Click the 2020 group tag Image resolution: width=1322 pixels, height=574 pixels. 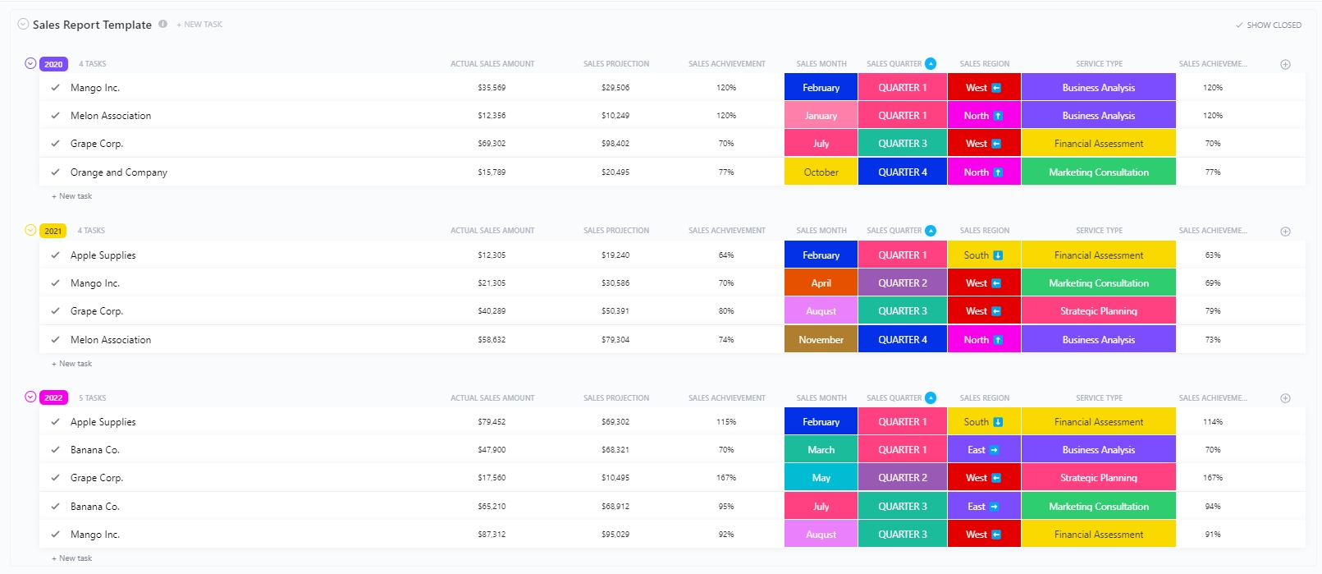(53, 64)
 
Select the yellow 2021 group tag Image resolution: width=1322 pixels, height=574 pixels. (53, 231)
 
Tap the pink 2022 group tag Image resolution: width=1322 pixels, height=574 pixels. (53, 397)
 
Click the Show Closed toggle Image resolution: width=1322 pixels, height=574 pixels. (1269, 25)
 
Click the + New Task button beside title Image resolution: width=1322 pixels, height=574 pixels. (199, 25)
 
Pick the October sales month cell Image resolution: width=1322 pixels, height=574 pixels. (821, 172)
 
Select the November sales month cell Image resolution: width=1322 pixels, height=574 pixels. (821, 340)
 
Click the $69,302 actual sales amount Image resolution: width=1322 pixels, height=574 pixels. (492, 144)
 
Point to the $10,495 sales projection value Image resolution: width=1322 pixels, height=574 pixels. (615, 478)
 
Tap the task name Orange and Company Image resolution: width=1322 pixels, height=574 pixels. (119, 172)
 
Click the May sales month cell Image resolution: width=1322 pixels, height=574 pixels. (821, 478)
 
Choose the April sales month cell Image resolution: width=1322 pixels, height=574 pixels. (821, 283)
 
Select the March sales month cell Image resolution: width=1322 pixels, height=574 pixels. (821, 450)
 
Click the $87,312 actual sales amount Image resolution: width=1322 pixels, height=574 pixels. (492, 535)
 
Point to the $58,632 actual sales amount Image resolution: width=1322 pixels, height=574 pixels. (492, 340)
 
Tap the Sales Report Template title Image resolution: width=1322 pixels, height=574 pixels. (92, 25)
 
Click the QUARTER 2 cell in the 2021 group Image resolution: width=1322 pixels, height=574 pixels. (903, 283)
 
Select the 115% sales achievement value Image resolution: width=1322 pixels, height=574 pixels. (726, 422)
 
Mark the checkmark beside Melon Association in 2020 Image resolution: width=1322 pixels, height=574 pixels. (55, 116)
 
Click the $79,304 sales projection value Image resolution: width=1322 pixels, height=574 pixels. (615, 340)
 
